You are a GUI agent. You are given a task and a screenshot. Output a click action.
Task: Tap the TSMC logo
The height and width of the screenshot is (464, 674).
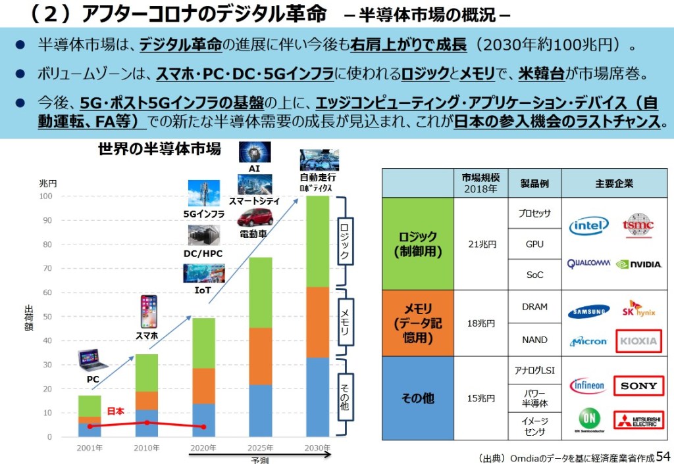tap(638, 225)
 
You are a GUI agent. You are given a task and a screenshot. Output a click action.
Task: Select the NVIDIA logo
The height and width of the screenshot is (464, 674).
tap(638, 264)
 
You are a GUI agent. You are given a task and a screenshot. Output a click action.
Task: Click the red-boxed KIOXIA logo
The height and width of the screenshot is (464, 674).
tap(637, 340)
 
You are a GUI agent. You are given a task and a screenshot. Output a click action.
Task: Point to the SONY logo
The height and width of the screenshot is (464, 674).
tap(638, 386)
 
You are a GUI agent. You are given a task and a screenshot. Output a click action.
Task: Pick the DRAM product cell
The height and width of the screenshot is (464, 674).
tap(535, 307)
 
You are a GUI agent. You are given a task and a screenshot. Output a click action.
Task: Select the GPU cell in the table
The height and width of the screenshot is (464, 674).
tap(535, 244)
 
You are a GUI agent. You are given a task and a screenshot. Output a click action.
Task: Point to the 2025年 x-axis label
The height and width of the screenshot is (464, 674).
tap(261, 448)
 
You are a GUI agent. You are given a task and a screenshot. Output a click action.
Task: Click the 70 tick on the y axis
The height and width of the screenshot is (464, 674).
tap(47, 268)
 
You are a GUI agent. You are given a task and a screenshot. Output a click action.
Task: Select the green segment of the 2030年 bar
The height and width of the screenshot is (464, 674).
tap(319, 241)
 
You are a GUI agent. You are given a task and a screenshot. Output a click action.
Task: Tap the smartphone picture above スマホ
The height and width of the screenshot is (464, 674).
tap(148, 312)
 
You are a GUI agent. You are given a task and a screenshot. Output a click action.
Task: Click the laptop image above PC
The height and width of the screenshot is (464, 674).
tap(93, 360)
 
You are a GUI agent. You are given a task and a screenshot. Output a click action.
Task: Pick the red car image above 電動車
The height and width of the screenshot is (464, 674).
tap(255, 218)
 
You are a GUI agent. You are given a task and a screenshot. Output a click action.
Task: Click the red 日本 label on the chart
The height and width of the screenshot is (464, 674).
tap(117, 411)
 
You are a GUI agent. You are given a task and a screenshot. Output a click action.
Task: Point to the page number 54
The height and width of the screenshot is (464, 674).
tap(663, 455)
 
